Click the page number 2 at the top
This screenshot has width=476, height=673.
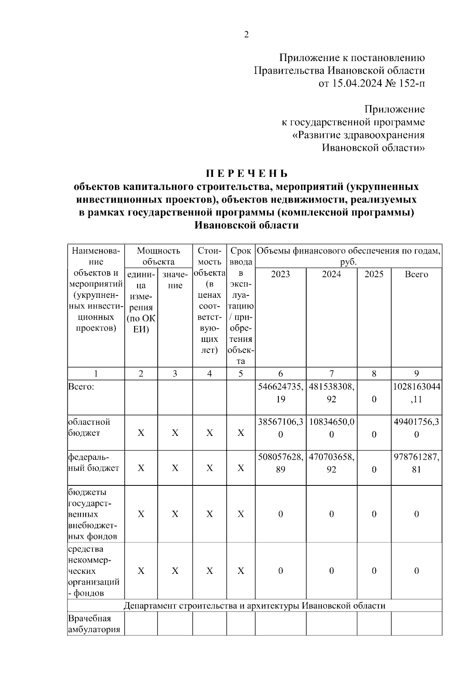click(246, 35)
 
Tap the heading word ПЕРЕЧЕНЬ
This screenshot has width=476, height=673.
click(246, 174)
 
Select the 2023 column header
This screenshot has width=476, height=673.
click(280, 274)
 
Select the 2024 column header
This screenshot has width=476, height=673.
click(331, 274)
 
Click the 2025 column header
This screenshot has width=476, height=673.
click(374, 274)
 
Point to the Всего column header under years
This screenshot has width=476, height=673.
click(416, 274)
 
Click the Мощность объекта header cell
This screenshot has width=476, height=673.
click(158, 256)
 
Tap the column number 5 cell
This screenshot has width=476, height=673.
click(240, 374)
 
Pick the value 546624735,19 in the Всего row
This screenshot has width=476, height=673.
click(280, 393)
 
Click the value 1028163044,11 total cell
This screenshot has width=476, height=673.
click(416, 393)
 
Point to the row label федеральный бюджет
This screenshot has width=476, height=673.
click(93, 462)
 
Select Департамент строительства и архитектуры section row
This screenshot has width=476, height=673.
click(254, 606)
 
